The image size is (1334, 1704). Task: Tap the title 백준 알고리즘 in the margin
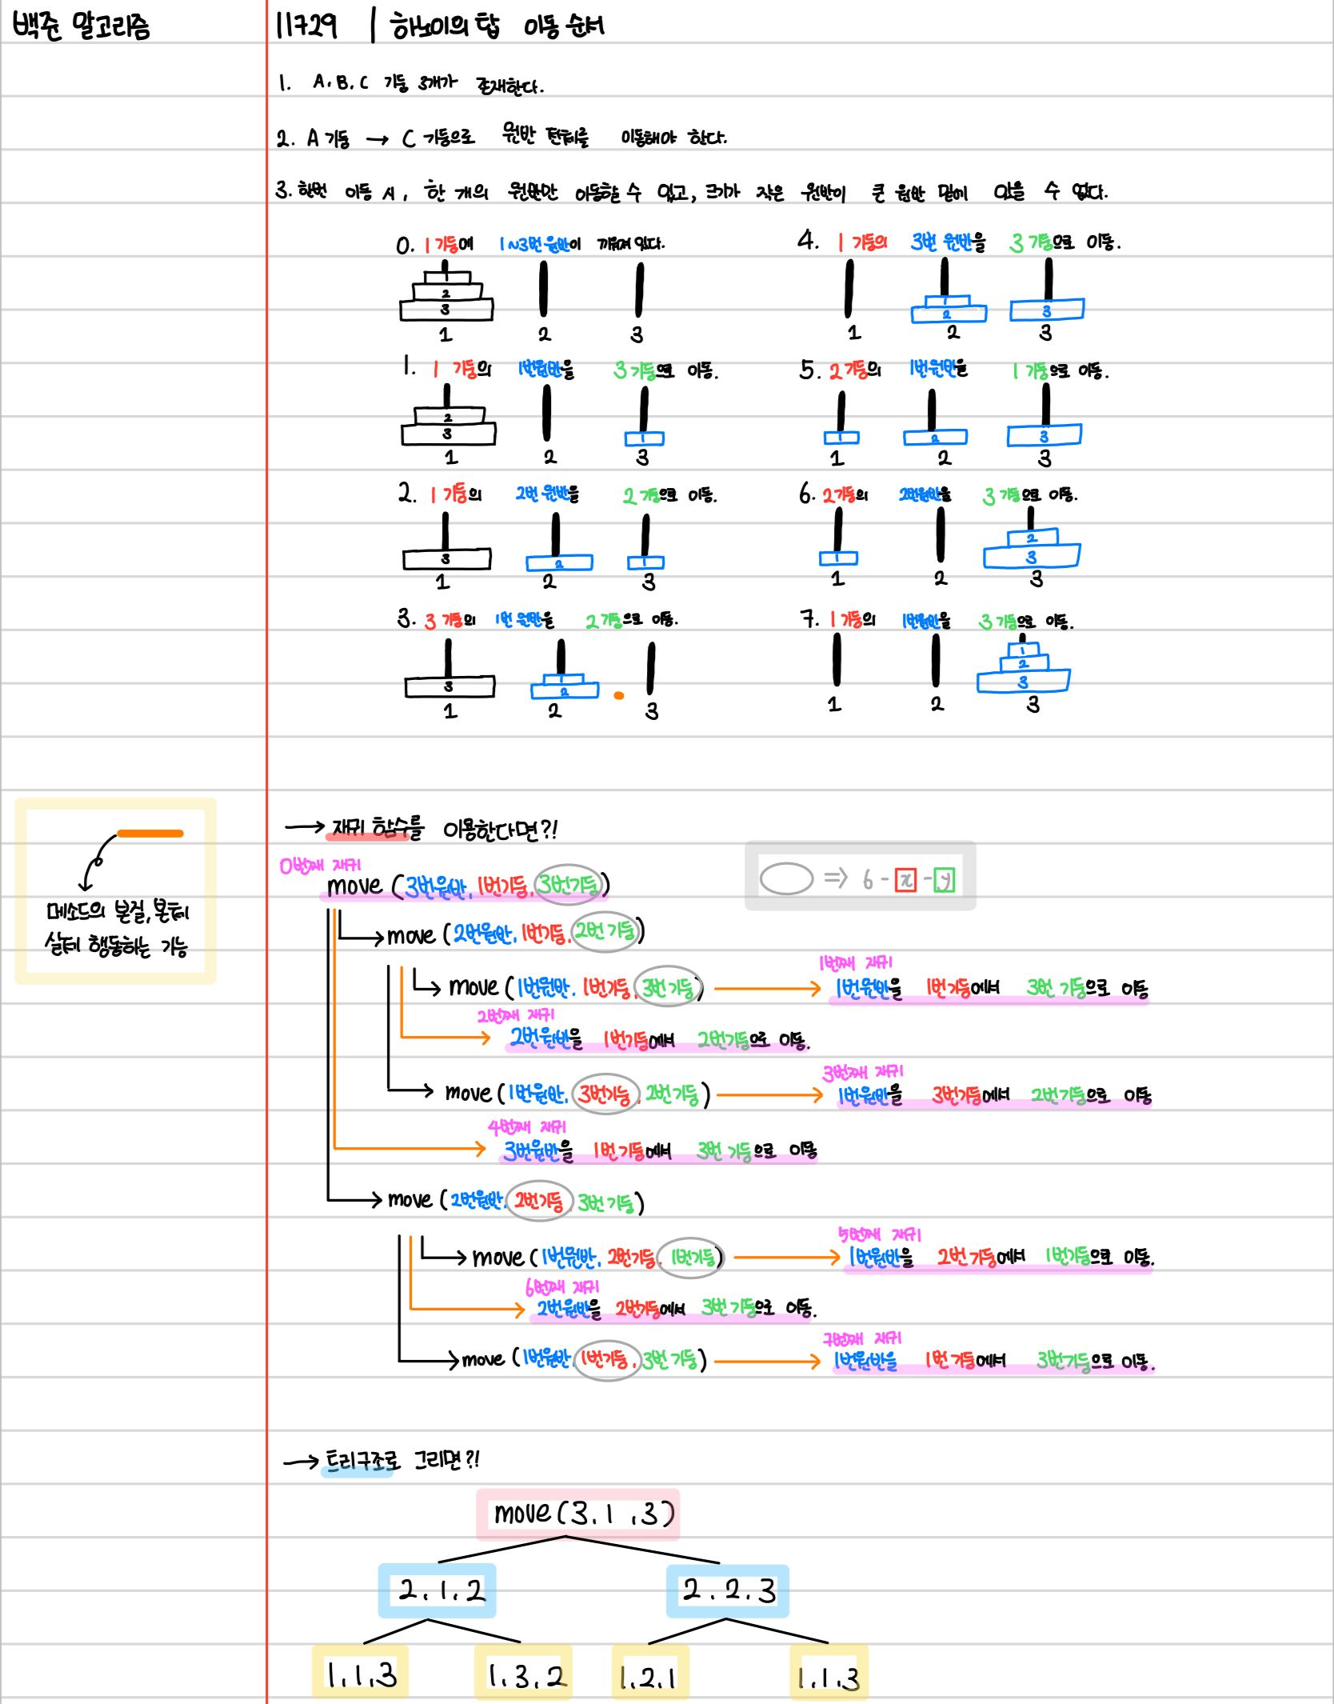(x=81, y=26)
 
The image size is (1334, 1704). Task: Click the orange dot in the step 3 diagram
(x=618, y=695)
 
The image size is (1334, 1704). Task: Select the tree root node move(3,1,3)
(x=578, y=1514)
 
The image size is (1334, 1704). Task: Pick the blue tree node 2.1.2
(x=437, y=1590)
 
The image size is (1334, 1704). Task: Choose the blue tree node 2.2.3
(x=728, y=1590)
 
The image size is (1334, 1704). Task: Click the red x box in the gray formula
(x=905, y=880)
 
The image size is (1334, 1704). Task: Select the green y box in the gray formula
(x=945, y=880)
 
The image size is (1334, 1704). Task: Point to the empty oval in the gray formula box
(x=786, y=878)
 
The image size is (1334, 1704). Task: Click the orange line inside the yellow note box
(x=150, y=834)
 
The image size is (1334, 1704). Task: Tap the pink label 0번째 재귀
(x=320, y=866)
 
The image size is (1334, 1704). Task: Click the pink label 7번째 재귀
(x=862, y=1338)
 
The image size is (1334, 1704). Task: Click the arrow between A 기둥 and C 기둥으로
(x=377, y=140)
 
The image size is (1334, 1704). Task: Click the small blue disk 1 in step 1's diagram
(x=644, y=438)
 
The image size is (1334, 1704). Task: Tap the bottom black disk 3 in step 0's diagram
(x=446, y=309)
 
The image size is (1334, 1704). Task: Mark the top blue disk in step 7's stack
(x=1023, y=650)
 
